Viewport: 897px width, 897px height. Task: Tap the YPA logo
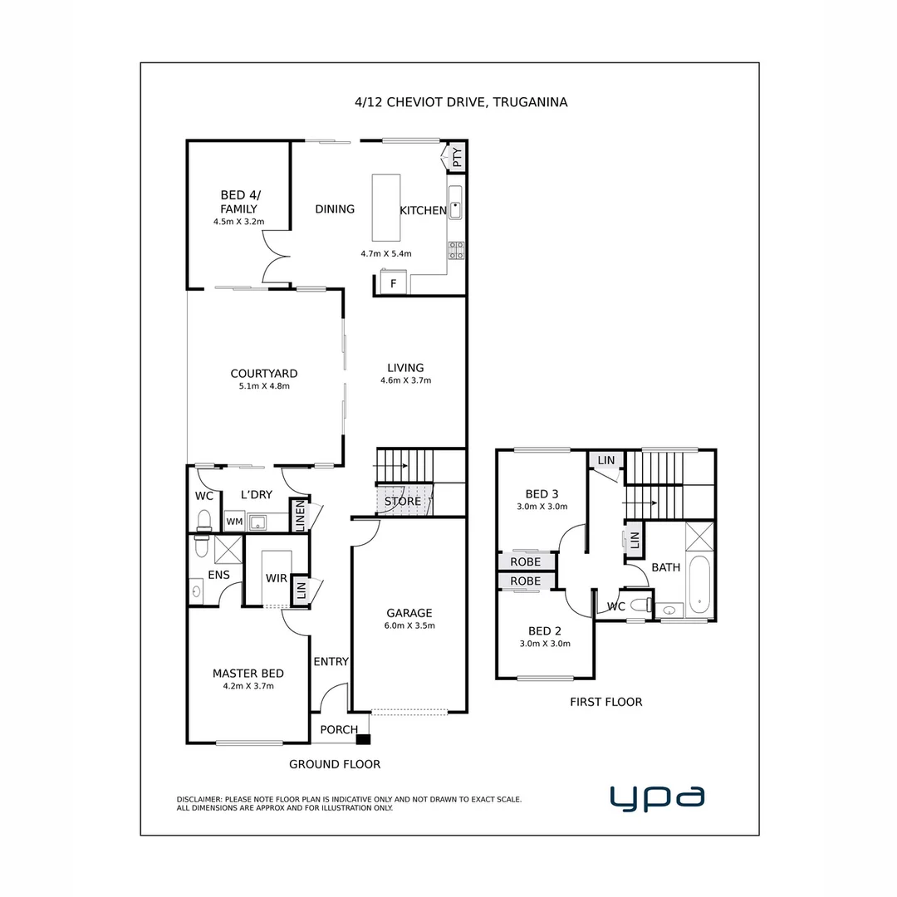click(657, 797)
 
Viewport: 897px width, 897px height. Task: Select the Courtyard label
click(264, 374)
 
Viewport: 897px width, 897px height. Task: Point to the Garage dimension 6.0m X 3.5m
click(409, 626)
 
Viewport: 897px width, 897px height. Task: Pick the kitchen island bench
click(385, 207)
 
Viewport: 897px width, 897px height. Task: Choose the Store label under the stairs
click(403, 502)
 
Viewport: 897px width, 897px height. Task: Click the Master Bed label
click(248, 674)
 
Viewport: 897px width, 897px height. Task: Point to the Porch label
click(339, 730)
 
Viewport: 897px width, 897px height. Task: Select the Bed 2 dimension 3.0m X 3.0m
click(545, 644)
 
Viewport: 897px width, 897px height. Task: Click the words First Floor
click(605, 702)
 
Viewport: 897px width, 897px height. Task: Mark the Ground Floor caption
click(335, 764)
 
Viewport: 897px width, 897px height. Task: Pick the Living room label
click(405, 368)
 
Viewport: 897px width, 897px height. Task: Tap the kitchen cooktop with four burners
click(456, 250)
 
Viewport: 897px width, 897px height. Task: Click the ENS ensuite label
click(218, 575)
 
